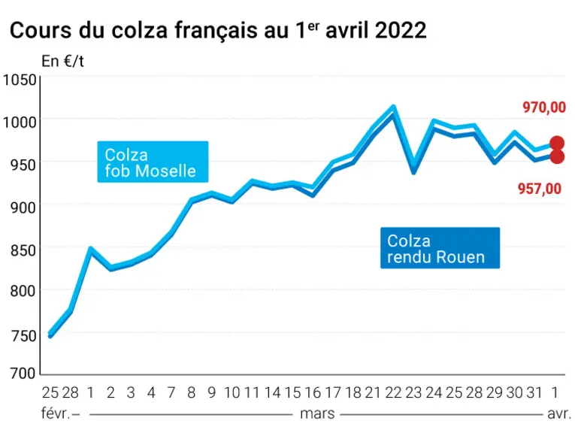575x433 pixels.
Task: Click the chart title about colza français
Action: coord(218,30)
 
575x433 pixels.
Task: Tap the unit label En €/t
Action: coord(62,61)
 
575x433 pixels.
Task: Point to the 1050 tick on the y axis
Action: coord(20,80)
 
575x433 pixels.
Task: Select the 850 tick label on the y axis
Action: coord(23,250)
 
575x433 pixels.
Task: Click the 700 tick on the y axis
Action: coord(23,374)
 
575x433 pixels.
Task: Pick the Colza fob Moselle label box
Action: coord(153,162)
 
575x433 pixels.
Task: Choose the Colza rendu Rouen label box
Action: coord(440,248)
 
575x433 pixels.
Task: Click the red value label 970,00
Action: coord(544,107)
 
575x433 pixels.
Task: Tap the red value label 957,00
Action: coord(540,189)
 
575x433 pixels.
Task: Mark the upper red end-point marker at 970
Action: coord(557,143)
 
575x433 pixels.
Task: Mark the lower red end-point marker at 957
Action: coord(557,156)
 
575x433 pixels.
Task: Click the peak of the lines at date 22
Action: coord(393,107)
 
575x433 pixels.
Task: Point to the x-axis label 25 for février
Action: coord(50,392)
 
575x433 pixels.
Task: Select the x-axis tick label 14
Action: coord(272,392)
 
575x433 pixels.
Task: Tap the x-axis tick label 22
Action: coord(393,392)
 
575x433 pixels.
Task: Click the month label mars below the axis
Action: coord(317,413)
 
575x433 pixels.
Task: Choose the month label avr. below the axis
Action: coord(559,414)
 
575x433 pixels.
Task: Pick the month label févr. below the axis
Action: coord(56,413)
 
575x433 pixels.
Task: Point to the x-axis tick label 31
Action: coord(534,392)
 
